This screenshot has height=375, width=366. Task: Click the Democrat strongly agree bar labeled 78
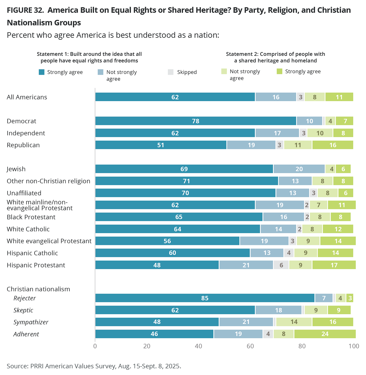(196, 121)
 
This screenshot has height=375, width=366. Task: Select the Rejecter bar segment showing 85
(205, 298)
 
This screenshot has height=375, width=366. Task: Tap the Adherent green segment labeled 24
(325, 334)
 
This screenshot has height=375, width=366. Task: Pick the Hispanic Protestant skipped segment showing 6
(281, 265)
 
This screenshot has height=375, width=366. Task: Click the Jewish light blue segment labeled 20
(299, 169)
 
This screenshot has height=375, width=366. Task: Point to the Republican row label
(23, 145)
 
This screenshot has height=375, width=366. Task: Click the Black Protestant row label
(31, 217)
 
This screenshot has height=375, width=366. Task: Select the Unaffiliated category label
(24, 193)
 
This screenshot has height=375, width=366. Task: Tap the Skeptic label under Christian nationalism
(23, 310)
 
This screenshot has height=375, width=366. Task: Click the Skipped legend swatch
(170, 72)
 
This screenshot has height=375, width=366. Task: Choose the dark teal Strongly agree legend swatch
(42, 72)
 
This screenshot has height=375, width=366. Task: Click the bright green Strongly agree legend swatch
(280, 71)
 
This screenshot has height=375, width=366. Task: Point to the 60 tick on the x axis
(250, 346)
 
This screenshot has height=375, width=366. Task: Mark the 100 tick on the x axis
(354, 346)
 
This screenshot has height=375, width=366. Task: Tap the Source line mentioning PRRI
(94, 366)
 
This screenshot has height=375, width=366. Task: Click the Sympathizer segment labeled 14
(294, 322)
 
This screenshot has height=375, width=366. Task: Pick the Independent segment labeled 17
(277, 133)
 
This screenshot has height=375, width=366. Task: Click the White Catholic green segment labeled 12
(338, 229)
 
